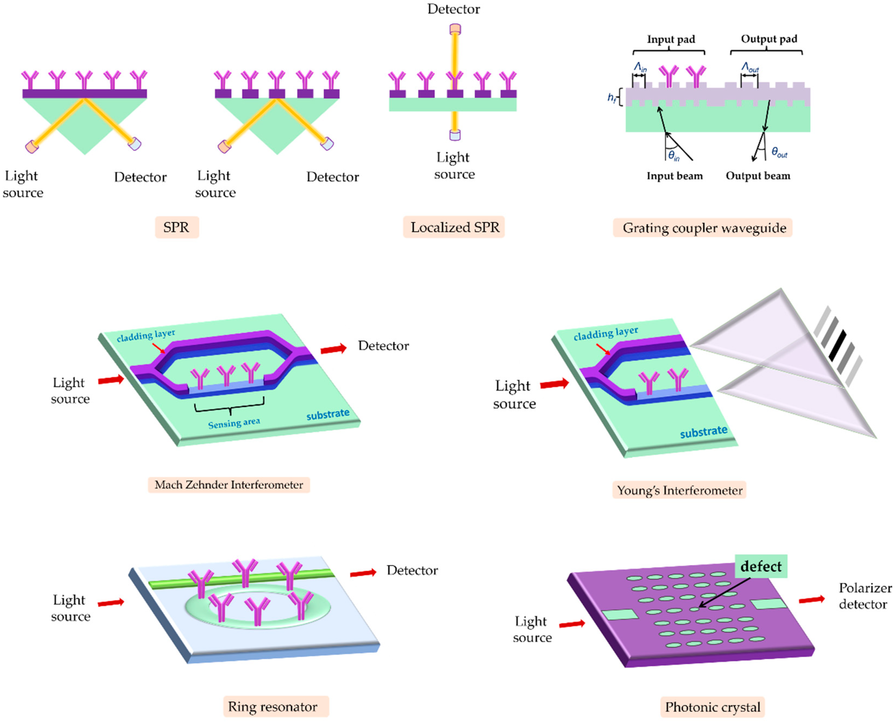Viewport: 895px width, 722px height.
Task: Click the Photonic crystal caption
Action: [x=712, y=707]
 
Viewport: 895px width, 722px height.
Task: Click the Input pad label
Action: [x=671, y=40]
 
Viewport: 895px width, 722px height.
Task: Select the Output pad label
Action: [x=769, y=39]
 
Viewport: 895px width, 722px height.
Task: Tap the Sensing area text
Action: [x=234, y=423]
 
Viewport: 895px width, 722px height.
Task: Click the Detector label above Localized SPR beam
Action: [x=454, y=9]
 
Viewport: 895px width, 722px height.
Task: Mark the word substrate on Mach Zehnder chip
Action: [x=328, y=414]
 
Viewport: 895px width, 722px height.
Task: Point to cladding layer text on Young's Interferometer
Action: [x=605, y=333]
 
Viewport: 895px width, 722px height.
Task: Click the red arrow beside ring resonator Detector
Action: [x=363, y=573]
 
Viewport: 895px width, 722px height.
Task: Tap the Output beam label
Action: [x=758, y=176]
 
